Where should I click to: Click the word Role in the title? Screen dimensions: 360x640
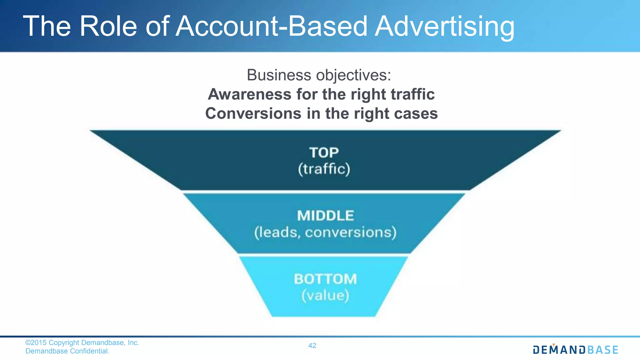108,26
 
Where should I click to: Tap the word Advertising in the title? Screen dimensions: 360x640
444,27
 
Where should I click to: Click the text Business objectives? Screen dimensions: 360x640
319,75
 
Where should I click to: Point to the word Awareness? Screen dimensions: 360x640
249,94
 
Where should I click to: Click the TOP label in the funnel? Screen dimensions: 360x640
324,153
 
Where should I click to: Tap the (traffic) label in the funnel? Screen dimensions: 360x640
324,169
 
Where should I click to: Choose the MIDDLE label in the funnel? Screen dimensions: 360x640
325,216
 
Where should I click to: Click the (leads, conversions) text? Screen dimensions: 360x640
325,232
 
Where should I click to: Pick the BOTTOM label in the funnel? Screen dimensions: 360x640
325,279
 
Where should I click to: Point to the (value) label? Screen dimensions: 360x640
325,296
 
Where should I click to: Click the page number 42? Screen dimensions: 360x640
312,346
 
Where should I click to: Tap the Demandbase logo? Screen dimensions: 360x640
575,350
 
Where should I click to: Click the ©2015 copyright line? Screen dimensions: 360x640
82,343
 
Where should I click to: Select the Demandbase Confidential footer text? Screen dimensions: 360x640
67,351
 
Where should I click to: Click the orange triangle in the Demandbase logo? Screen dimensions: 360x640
553,345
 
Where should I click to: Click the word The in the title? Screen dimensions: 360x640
47,26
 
